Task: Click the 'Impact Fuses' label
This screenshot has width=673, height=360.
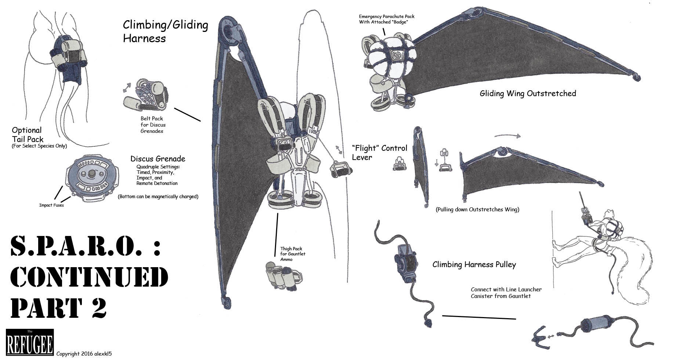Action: [51, 205]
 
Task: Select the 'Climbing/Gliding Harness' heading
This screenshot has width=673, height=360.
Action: [165, 32]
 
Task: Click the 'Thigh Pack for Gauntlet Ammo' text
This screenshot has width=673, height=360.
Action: [293, 254]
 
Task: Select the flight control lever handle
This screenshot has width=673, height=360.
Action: [341, 170]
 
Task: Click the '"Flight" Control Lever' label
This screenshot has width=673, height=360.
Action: [379, 153]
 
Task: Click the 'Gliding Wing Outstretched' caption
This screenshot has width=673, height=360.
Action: [528, 94]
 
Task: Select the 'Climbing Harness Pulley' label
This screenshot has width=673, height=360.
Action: [474, 265]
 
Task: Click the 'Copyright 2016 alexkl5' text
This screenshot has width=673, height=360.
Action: [84, 354]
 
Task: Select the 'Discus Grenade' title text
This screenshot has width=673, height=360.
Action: [158, 159]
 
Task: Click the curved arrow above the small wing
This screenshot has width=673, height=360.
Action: [507, 136]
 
